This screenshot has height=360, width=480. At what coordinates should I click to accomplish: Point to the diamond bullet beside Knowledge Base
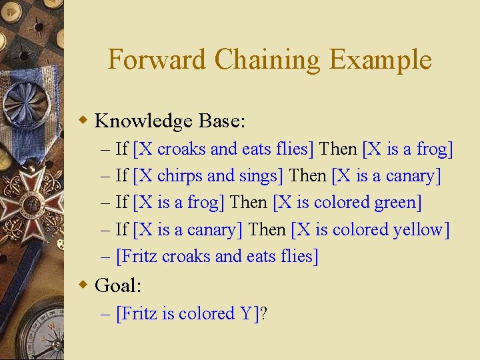pos(83,121)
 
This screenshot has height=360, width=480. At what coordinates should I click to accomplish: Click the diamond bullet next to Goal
pos(83,286)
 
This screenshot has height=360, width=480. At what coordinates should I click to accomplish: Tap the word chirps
pos(179,176)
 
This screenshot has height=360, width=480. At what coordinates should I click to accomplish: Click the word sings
pos(261,176)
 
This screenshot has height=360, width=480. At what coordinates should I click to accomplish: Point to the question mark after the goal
pos(263,314)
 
